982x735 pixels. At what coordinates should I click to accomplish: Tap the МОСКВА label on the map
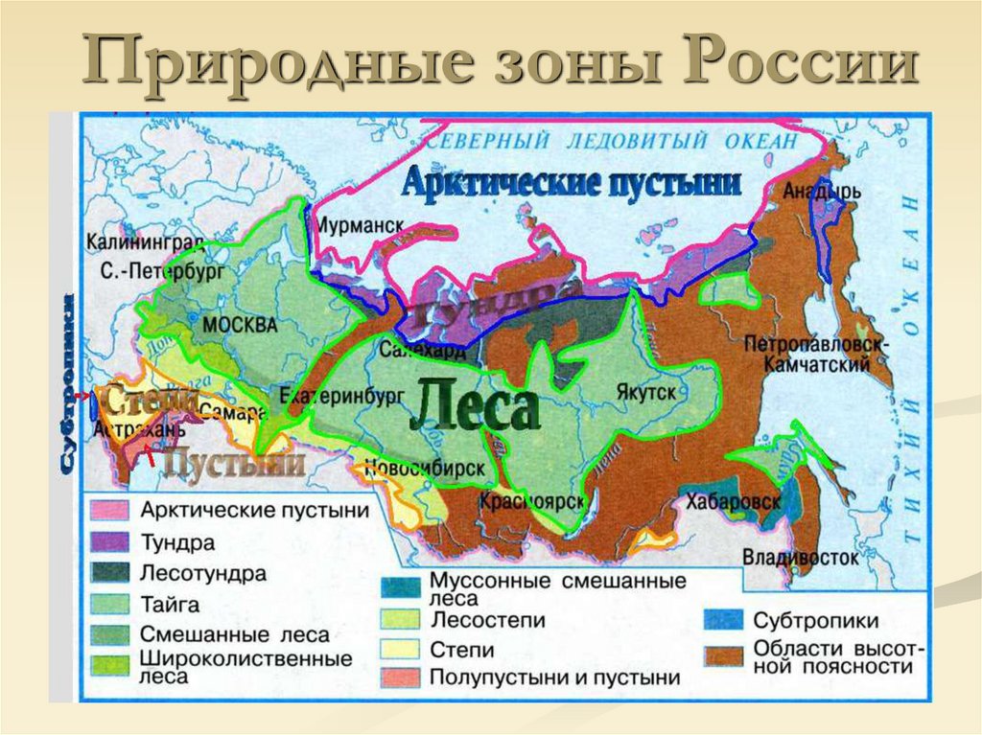click(x=240, y=325)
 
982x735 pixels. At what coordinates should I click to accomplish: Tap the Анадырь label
click(x=822, y=191)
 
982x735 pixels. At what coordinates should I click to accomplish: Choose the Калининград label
click(x=142, y=243)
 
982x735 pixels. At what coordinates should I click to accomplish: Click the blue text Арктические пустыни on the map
click(x=572, y=181)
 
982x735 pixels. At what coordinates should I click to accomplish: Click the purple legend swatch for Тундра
click(x=109, y=542)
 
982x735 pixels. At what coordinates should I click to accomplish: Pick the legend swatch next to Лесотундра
click(x=109, y=574)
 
